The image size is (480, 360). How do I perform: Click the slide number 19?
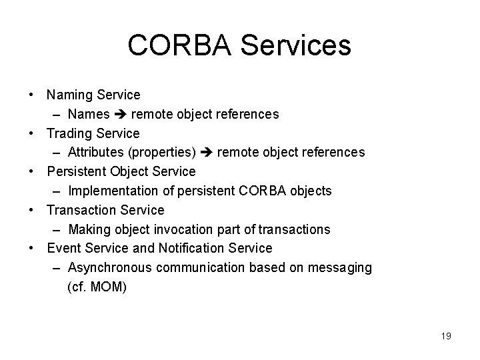446,336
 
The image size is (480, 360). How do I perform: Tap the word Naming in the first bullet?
69,95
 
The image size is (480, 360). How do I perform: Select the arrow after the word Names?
119,115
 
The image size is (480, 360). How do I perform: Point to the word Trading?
70,133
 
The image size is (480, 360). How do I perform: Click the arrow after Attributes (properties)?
206,153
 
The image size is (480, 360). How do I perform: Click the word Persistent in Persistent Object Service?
75,171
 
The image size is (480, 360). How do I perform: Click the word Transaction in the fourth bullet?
79,210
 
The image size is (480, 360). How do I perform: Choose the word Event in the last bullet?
63,248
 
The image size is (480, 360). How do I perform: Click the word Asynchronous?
110,267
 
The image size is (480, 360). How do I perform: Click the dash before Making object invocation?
57,229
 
